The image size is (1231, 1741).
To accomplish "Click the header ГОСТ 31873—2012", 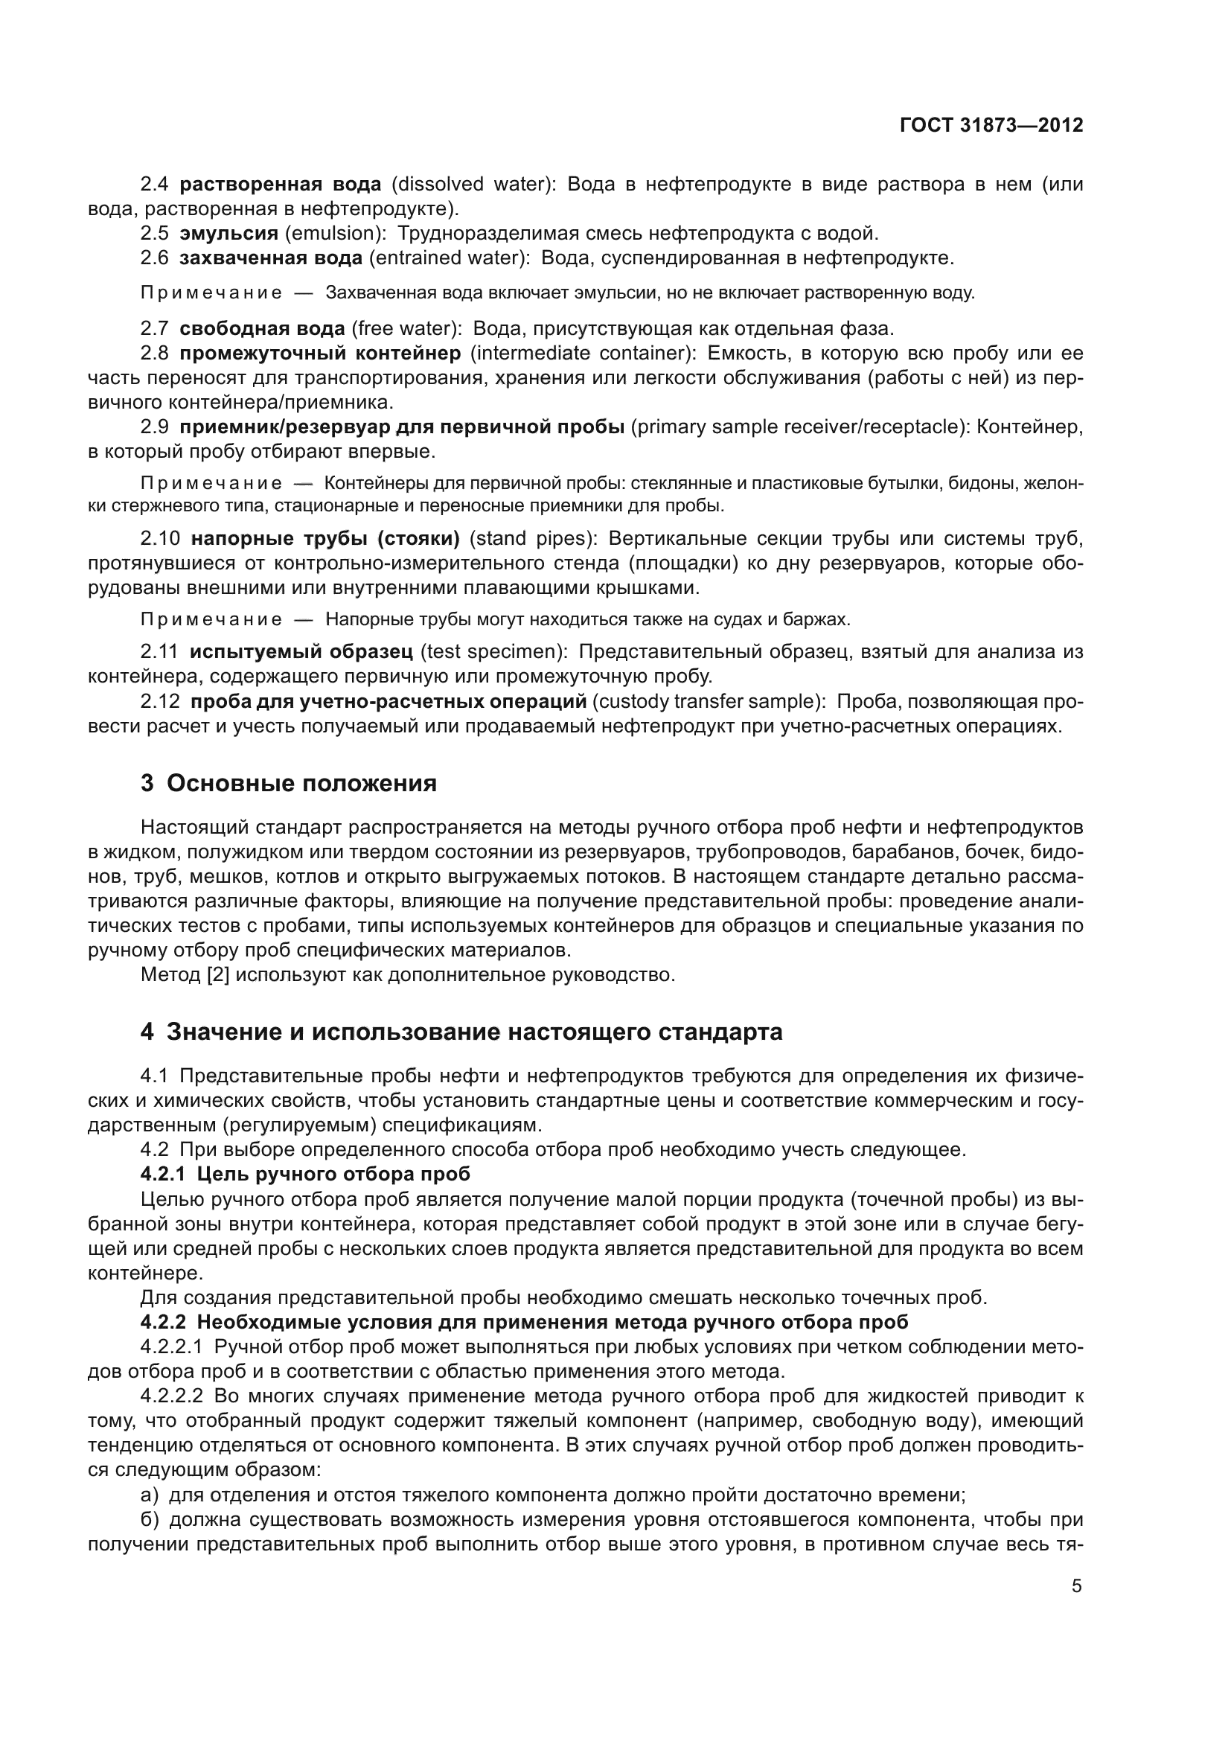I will pyautogui.click(x=991, y=126).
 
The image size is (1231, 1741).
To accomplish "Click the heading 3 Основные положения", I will pyautogui.click(x=288, y=783).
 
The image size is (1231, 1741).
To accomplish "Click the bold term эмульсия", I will pyautogui.click(x=228, y=234).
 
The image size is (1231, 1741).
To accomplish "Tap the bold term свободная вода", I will pyautogui.click(x=261, y=329).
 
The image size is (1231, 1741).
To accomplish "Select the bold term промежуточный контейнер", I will pyautogui.click(x=320, y=354).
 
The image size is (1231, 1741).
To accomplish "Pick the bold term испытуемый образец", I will pyautogui.click(x=301, y=651).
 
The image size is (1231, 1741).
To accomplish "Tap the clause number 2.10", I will pyautogui.click(x=160, y=539).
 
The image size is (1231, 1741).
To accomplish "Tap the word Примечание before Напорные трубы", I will pyautogui.click(x=211, y=619).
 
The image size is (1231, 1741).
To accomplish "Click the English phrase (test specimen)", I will pyautogui.click(x=493, y=651).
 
